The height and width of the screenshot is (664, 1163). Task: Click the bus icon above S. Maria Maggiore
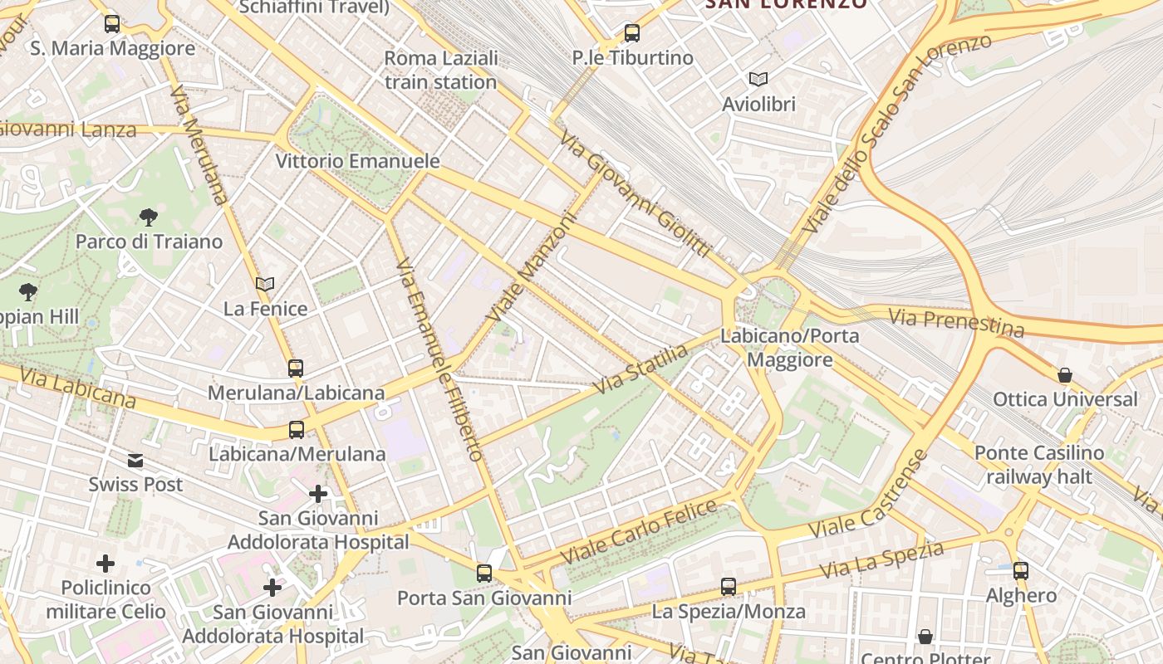112,24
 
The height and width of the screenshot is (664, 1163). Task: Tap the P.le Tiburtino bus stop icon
632,33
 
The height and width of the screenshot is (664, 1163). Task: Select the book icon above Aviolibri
758,79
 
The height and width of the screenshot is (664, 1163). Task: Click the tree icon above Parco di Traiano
149,217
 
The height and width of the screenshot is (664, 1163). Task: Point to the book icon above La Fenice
265,285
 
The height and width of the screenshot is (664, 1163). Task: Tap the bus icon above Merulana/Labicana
296,368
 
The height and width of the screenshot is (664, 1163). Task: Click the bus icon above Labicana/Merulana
297,429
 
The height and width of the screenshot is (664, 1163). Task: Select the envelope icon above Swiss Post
135,461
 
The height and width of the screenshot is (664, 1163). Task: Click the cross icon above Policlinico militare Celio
106,564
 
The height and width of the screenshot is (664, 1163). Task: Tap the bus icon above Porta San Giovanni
484,573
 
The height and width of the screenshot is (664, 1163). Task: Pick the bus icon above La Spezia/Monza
729,587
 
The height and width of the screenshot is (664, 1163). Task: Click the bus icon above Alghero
1021,571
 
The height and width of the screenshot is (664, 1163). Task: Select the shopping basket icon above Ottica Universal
1065,375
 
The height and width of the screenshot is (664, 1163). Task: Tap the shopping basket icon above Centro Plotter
925,637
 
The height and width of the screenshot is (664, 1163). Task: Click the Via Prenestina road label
956,322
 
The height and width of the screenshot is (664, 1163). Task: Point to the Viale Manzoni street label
531,268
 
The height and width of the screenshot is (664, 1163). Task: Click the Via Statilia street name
641,369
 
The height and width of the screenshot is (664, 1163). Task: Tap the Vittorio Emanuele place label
357,161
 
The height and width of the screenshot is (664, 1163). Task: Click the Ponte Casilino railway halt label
1039,465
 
